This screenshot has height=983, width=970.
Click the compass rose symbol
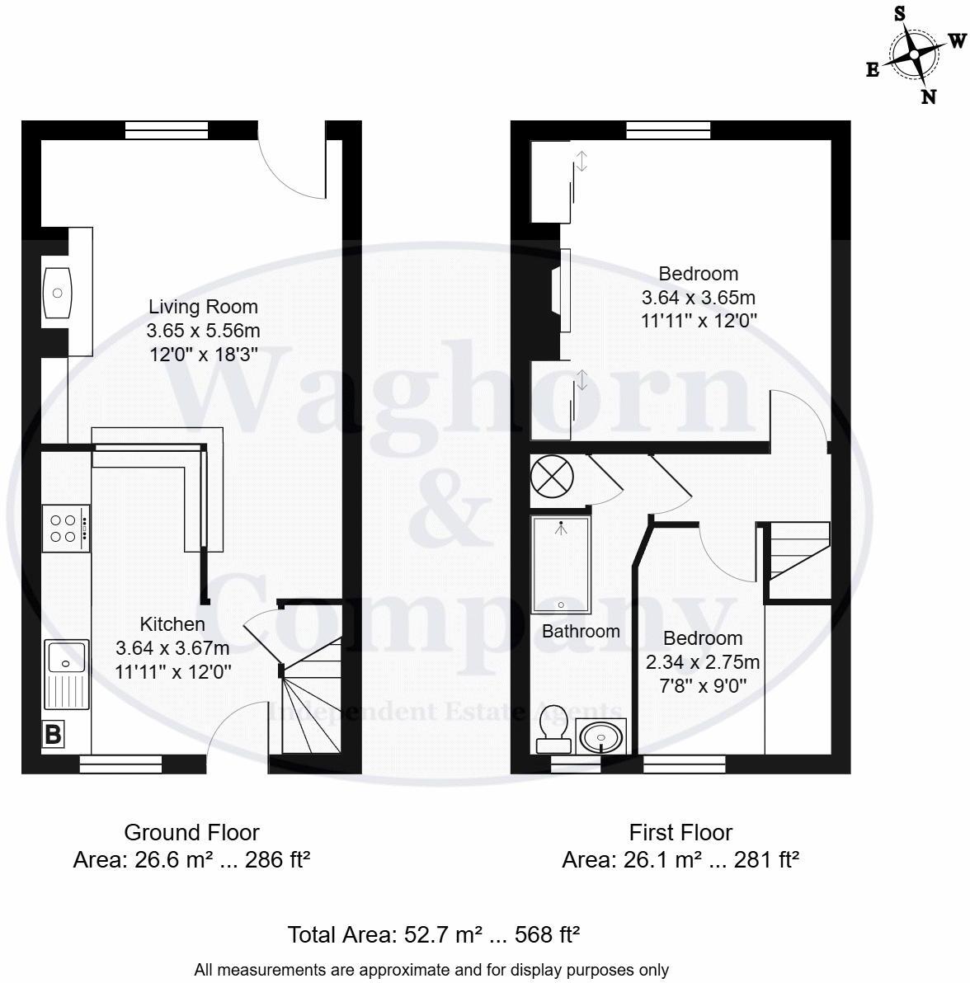pyautogui.click(x=914, y=54)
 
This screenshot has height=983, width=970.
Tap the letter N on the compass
pyautogui.click(x=928, y=96)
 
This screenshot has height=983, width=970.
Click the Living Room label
pyautogui.click(x=203, y=307)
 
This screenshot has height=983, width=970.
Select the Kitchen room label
pyautogui.click(x=172, y=624)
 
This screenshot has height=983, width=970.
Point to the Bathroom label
pyautogui.click(x=581, y=632)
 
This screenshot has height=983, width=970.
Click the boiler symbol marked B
pyautogui.click(x=53, y=734)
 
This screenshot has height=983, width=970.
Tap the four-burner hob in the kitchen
pyautogui.click(x=65, y=529)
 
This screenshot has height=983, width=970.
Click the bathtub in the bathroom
pyautogui.click(x=561, y=565)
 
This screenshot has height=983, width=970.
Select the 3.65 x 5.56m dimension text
pyautogui.click(x=203, y=331)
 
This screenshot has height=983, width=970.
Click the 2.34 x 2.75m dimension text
pyautogui.click(x=703, y=661)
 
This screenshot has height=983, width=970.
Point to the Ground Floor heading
pyautogui.click(x=191, y=832)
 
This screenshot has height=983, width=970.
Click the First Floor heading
pyautogui.click(x=680, y=832)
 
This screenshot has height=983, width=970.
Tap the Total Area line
pyautogui.click(x=433, y=935)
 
